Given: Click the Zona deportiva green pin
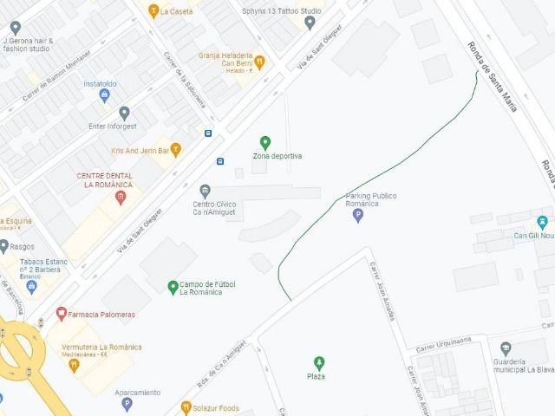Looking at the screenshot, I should [x=265, y=142].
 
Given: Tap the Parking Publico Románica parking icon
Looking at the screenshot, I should [x=357, y=215].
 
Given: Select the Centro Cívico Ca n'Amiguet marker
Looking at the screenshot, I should [x=205, y=191].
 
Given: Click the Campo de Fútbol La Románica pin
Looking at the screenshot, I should [x=173, y=286].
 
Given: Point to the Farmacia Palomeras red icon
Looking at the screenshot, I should [x=61, y=314].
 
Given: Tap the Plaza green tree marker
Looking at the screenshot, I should [x=318, y=362].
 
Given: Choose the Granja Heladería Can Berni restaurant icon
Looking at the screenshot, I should [x=258, y=62].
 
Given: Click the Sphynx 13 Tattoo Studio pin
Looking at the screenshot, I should [x=310, y=23].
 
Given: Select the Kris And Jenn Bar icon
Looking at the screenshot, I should [x=176, y=150].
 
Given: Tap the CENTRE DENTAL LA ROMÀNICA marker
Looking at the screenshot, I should [x=121, y=198].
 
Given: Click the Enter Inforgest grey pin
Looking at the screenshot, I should [x=124, y=113].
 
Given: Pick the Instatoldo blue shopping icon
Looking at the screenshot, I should [x=105, y=96].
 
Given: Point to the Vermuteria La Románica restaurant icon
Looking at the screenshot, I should [x=74, y=364].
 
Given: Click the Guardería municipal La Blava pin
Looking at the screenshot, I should [x=506, y=349].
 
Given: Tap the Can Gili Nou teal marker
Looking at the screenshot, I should [x=542, y=222].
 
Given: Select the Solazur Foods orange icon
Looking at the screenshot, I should [x=185, y=407].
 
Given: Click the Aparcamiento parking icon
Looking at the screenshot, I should [x=127, y=404].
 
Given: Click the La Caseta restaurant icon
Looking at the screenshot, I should [x=153, y=12].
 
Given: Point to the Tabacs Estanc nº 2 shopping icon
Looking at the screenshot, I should [x=32, y=286].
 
